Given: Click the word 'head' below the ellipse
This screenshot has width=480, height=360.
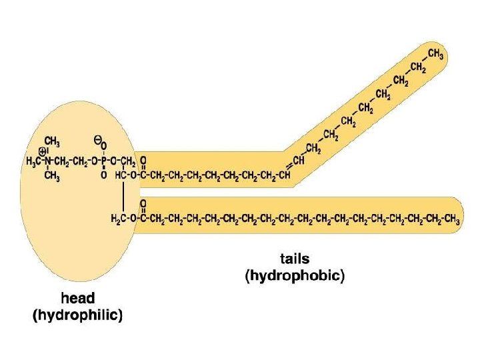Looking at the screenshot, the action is (77, 299).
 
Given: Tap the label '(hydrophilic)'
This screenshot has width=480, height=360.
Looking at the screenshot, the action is (78, 316).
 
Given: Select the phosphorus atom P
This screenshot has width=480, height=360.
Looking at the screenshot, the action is (103, 162).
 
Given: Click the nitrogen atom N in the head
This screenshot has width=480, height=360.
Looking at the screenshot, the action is (48, 162).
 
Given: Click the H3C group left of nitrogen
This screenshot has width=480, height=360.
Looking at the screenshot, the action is (33, 162).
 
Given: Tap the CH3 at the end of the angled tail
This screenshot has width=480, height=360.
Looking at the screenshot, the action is (436, 54).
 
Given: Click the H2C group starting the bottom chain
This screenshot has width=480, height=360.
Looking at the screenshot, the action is (117, 219).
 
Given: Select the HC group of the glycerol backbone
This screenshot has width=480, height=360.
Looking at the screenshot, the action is (121, 176).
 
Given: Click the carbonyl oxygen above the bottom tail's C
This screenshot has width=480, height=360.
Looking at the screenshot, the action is (144, 203).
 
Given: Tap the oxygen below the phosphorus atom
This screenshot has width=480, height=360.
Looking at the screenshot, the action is (103, 176).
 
